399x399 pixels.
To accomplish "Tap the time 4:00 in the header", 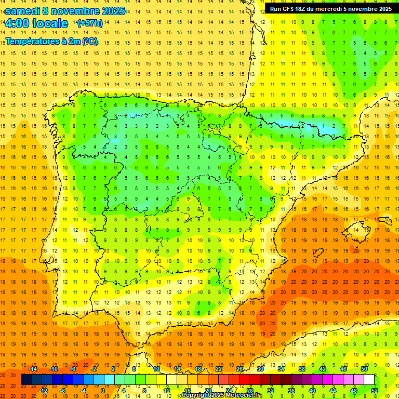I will pos(17,23).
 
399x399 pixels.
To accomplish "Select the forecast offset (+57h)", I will pos(89,23).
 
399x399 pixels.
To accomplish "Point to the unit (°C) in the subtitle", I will pos(89,41).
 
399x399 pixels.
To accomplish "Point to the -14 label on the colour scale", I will pos(33,368).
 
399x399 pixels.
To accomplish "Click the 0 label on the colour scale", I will pos(103,391).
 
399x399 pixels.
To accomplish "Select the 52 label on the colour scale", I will pos(375,391).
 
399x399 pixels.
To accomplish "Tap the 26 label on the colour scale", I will pos(239,368).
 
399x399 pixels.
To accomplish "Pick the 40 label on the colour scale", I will pos(312,391).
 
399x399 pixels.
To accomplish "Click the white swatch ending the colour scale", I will pos(369,380).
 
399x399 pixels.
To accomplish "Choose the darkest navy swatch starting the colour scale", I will pos(26,380).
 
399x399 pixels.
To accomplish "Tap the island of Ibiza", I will pos(315,252).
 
